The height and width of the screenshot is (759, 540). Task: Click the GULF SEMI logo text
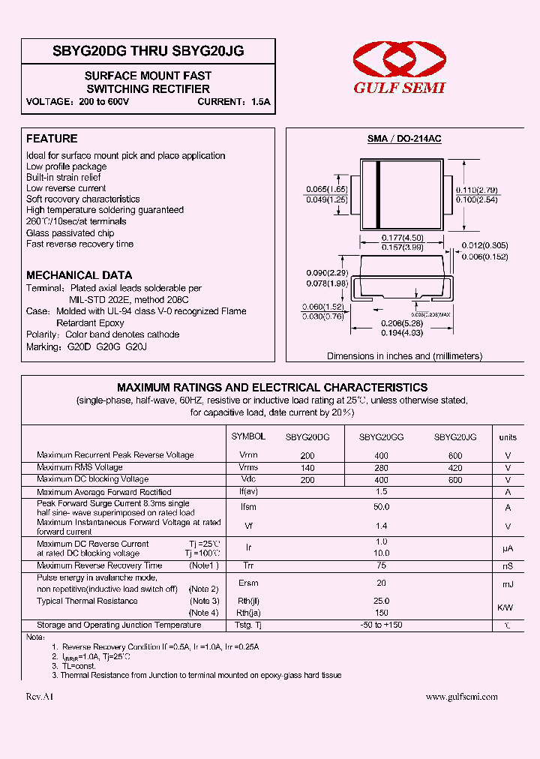click(x=400, y=88)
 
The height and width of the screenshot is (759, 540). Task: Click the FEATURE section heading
click(x=52, y=139)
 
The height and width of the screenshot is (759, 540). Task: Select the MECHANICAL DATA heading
click(x=79, y=275)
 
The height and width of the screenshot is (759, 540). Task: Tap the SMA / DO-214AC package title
click(x=403, y=139)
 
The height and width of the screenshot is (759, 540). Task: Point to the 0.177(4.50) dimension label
click(x=403, y=238)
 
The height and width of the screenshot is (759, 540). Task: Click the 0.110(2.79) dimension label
click(x=477, y=190)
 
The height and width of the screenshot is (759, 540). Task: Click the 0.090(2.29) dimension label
click(x=327, y=272)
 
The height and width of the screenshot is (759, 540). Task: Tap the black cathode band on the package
click(x=379, y=193)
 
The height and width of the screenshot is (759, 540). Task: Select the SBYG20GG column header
click(x=381, y=437)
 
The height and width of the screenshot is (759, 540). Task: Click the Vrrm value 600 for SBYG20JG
click(x=455, y=456)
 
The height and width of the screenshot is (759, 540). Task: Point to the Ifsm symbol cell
click(x=248, y=508)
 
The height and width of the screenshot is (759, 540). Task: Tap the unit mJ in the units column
click(x=508, y=583)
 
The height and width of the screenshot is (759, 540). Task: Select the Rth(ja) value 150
click(x=381, y=613)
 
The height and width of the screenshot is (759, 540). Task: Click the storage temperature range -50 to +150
click(x=381, y=625)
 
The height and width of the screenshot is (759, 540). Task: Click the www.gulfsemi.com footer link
click(x=461, y=697)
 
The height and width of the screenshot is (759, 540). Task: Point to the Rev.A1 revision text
click(x=40, y=697)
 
